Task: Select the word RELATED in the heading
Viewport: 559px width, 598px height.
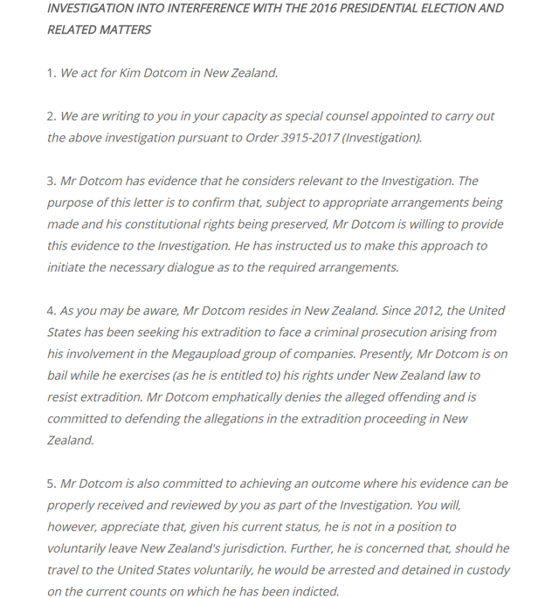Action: click(x=74, y=30)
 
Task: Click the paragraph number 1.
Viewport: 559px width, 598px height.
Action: click(x=51, y=73)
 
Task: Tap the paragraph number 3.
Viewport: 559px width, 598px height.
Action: click(x=51, y=182)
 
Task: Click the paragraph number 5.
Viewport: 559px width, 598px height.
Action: click(x=51, y=484)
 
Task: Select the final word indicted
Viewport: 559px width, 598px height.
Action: click(x=312, y=592)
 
